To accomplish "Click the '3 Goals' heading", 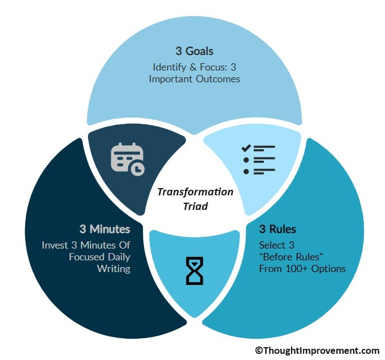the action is (x=195, y=51).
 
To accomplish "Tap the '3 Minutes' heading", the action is (x=105, y=229).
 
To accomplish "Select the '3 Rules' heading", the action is (x=278, y=229).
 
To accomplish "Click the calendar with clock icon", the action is (x=128, y=159).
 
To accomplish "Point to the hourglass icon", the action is (x=195, y=271).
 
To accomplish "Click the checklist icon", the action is (x=259, y=160).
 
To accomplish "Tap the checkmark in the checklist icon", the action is (x=246, y=148).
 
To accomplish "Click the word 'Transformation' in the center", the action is (x=195, y=192).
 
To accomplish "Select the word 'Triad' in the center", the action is (x=195, y=206).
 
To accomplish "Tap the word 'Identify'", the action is (x=170, y=67).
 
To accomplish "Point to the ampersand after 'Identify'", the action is (x=193, y=67).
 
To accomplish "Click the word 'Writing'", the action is (x=114, y=269).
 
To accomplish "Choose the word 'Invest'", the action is (x=55, y=245).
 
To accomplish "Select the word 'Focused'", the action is (x=87, y=257).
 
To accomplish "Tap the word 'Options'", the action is (x=328, y=269).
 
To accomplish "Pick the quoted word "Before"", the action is (x=276, y=257).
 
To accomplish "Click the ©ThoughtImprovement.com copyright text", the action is (x=317, y=350).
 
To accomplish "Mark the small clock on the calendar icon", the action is (x=138, y=169).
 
